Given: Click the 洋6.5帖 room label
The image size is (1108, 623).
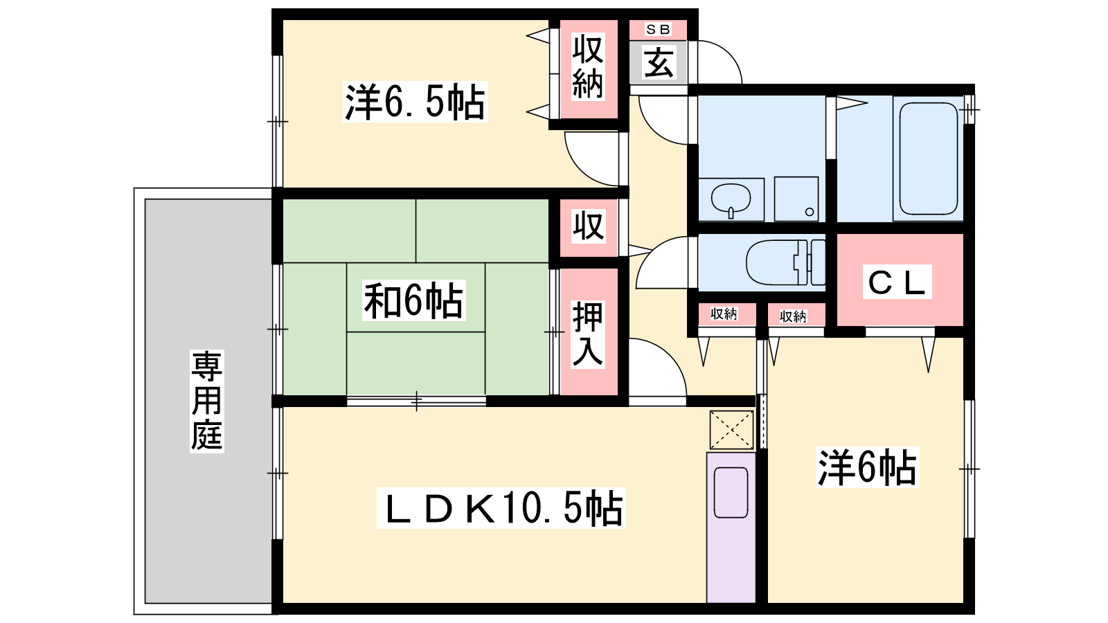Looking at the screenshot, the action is pos(415,102).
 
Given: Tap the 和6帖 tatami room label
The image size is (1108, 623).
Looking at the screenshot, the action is pos(413,300).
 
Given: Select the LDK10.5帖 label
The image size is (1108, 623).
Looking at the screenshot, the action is pos(501,508).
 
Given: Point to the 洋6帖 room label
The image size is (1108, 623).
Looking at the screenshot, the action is pos(867,467).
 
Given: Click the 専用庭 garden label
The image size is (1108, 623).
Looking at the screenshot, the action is pos(207,401).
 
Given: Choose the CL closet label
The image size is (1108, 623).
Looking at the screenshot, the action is pos(897,282).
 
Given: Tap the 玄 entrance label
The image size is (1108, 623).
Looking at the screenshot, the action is pos(659,63).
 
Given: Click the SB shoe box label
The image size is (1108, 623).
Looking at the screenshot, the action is pos(659,30).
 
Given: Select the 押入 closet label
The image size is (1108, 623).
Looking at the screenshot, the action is pos(588,334).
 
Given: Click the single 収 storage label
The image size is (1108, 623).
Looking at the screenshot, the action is pos(588,226).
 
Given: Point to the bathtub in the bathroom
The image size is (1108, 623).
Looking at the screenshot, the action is pos(929,159).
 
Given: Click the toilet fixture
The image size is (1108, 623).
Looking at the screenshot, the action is pos(785,262).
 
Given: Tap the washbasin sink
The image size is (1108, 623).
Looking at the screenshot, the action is pos(731,199).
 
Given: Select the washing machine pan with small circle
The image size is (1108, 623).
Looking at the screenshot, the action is pos(796,199).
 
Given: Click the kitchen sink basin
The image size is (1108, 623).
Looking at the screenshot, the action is pos(731,492).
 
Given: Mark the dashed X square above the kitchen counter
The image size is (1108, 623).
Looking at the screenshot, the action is pos(731,430).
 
